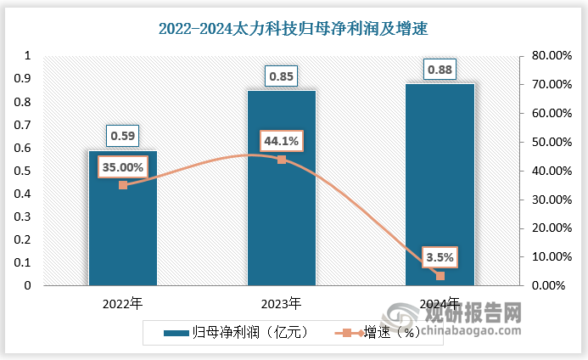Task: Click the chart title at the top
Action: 293,28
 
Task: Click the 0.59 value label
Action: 123,134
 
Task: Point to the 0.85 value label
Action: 282,76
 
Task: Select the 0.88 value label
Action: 440,69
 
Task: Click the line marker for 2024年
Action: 440,275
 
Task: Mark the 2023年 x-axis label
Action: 282,303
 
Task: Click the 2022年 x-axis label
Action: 123,303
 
